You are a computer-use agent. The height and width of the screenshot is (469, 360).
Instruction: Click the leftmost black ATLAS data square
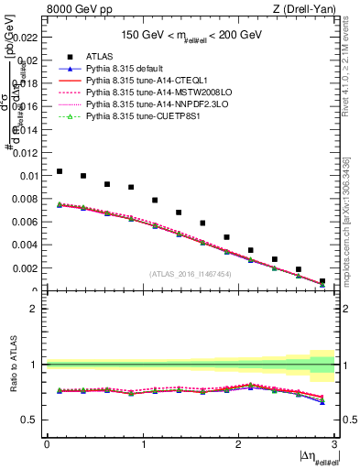60,171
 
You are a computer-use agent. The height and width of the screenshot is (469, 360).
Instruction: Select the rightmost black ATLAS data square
322,281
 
